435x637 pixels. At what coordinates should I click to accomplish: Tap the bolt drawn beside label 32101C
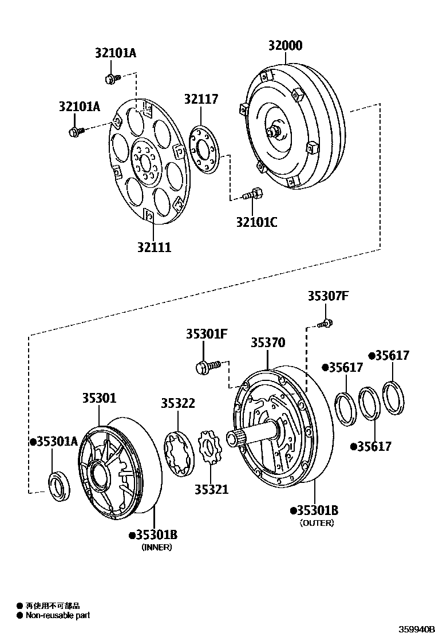tap(252, 195)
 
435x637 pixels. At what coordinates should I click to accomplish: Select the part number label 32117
tap(201, 99)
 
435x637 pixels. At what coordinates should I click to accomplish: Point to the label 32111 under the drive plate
tap(154, 247)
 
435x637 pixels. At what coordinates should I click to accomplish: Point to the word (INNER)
tap(156, 547)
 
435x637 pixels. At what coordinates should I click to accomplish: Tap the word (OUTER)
tap(317, 523)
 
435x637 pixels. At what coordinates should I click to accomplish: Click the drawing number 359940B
tap(412, 629)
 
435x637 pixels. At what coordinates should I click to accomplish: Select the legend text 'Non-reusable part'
tap(57, 616)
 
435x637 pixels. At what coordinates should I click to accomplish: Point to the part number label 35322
tap(177, 403)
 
